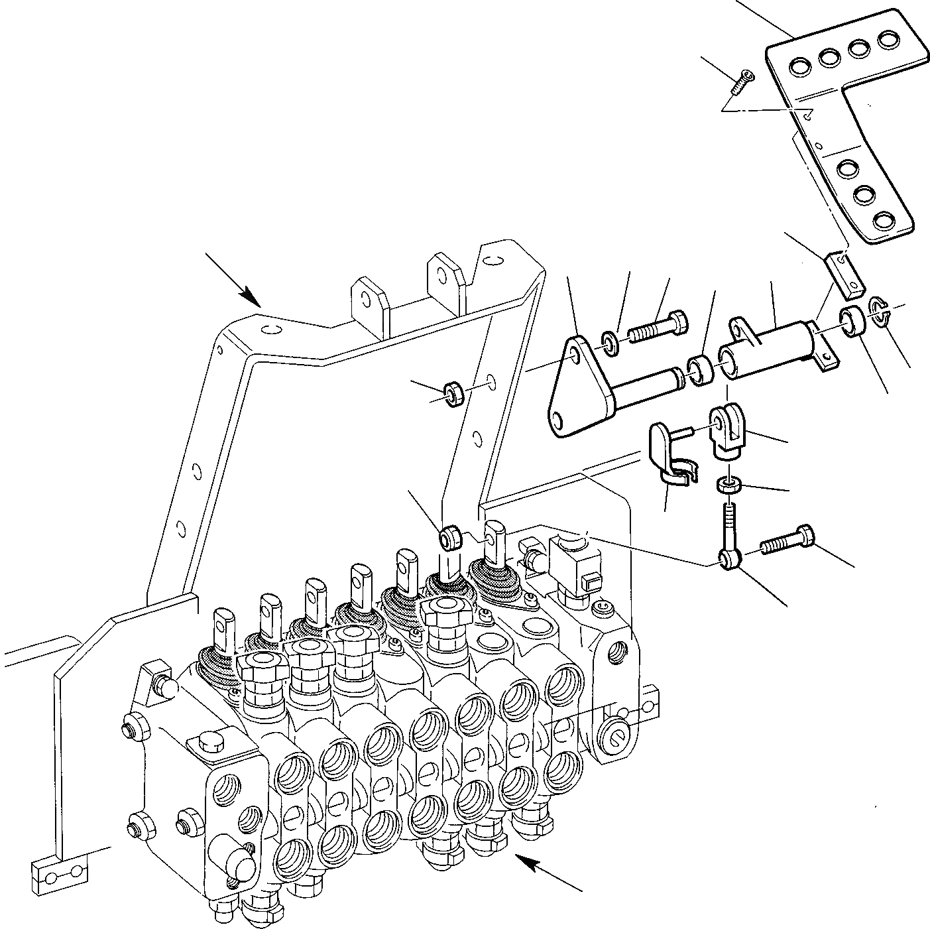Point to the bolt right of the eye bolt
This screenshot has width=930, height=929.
tap(789, 540)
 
